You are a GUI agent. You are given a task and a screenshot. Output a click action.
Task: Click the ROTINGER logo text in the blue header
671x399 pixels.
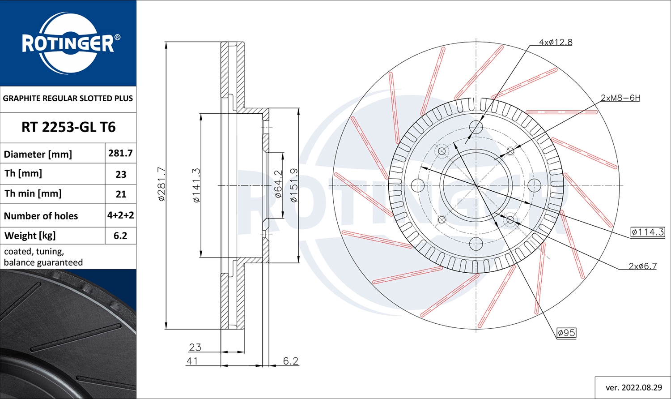coord(68,44)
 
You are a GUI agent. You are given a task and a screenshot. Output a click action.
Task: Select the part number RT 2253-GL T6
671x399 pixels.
coord(68,127)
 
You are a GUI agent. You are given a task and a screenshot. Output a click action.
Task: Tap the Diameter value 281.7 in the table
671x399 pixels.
coord(120,153)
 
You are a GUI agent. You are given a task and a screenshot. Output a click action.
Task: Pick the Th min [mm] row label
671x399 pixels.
coord(33,193)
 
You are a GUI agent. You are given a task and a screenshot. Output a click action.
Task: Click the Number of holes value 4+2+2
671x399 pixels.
coord(120,215)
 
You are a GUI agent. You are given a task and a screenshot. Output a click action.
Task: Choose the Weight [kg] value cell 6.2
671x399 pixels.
coord(120,236)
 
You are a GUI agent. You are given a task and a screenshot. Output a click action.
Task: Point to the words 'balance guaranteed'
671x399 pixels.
coord(43,262)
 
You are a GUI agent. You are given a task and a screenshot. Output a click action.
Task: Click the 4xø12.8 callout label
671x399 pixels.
coord(556,42)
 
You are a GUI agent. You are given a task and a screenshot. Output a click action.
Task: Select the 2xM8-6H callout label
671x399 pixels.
coord(620,98)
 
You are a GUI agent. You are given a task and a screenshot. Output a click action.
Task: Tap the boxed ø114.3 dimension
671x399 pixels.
coord(648,232)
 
